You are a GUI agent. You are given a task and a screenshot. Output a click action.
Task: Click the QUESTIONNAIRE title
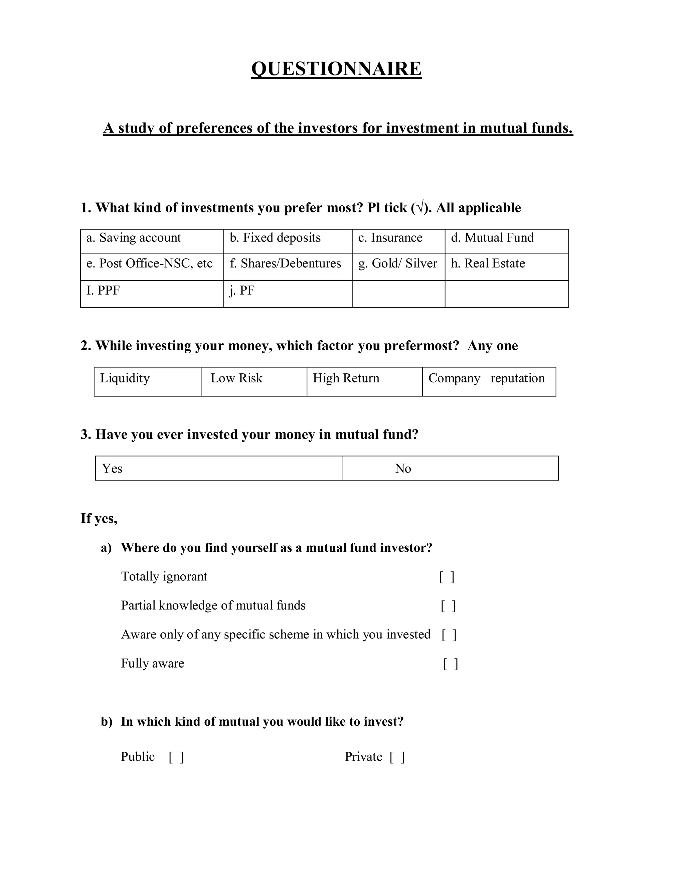pos(336,68)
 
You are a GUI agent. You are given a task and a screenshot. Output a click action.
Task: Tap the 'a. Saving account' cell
pos(134,238)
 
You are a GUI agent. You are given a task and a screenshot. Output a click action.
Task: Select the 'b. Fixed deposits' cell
pos(275,238)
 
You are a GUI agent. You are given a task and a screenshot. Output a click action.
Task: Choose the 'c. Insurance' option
pos(390,238)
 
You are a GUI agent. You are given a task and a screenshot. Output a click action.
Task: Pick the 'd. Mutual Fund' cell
pos(492,238)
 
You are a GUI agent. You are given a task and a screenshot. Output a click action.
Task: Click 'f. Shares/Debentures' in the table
pos(285,264)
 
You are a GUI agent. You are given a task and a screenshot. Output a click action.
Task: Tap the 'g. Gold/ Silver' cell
pos(397,264)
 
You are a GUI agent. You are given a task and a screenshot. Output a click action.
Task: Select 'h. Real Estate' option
pos(488,264)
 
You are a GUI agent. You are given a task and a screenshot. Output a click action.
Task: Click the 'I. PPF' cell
pos(103,291)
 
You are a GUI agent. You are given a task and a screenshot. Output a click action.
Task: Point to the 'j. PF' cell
pos(241,291)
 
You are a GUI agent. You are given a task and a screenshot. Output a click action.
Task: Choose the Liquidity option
pos(125,378)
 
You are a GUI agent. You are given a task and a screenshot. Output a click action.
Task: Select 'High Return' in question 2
pos(346,378)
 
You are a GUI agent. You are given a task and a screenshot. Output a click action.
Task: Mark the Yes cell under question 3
pos(112,469)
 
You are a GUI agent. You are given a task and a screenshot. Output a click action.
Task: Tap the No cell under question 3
pos(403,469)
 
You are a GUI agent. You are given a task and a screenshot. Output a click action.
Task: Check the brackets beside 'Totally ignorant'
pos(447,577)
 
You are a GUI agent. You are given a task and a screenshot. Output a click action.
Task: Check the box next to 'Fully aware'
pos(450,664)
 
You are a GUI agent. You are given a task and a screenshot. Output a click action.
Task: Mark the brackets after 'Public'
pos(176,757)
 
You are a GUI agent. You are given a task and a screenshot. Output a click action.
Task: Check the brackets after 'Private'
pos(397,757)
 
